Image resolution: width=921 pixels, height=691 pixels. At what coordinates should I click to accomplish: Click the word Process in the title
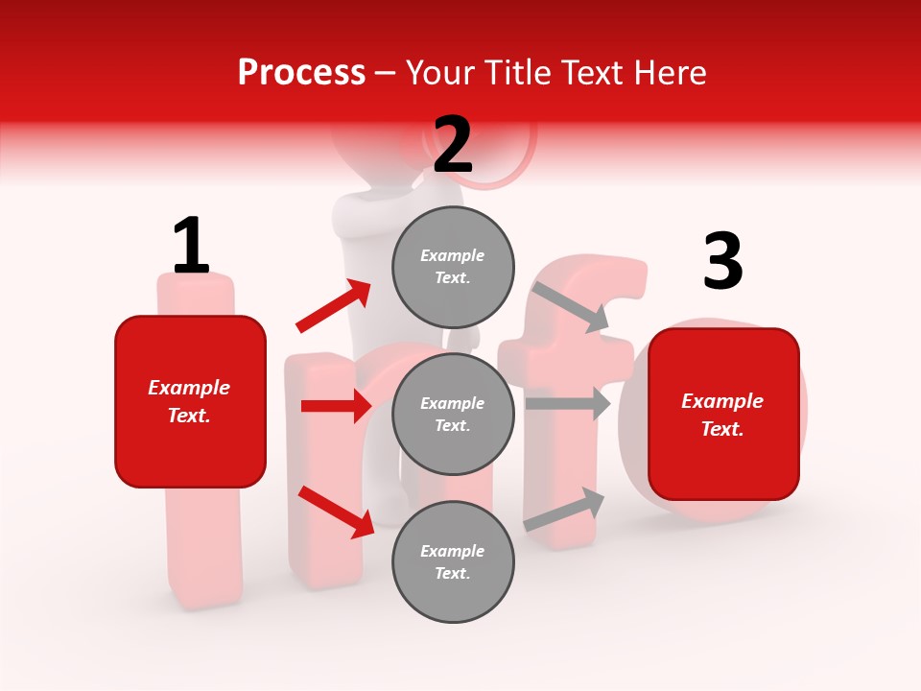click(301, 73)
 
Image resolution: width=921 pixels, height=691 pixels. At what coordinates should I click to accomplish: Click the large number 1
click(191, 246)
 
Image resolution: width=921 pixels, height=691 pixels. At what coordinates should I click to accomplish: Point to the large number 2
click(453, 145)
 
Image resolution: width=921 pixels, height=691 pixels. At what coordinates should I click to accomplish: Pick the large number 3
click(722, 262)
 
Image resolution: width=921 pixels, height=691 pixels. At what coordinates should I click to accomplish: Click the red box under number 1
click(190, 401)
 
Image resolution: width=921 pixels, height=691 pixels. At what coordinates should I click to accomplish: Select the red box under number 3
click(723, 414)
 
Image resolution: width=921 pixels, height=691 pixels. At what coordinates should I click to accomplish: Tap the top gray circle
click(453, 267)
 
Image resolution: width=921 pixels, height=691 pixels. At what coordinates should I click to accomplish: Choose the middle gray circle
click(453, 414)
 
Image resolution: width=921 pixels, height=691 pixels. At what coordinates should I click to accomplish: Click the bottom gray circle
click(453, 561)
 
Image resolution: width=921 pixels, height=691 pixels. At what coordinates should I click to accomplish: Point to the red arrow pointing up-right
click(334, 305)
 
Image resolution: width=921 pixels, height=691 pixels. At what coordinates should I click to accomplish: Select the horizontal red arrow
click(336, 406)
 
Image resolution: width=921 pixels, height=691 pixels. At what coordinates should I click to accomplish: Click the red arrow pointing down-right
click(336, 511)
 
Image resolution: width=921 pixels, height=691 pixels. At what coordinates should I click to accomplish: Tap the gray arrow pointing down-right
click(571, 305)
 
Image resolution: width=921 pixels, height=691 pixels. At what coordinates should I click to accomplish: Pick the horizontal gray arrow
click(567, 404)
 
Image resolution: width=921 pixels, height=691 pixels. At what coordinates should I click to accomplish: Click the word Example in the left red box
click(189, 388)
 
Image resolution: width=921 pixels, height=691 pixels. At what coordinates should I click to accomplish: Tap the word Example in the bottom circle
click(453, 551)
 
